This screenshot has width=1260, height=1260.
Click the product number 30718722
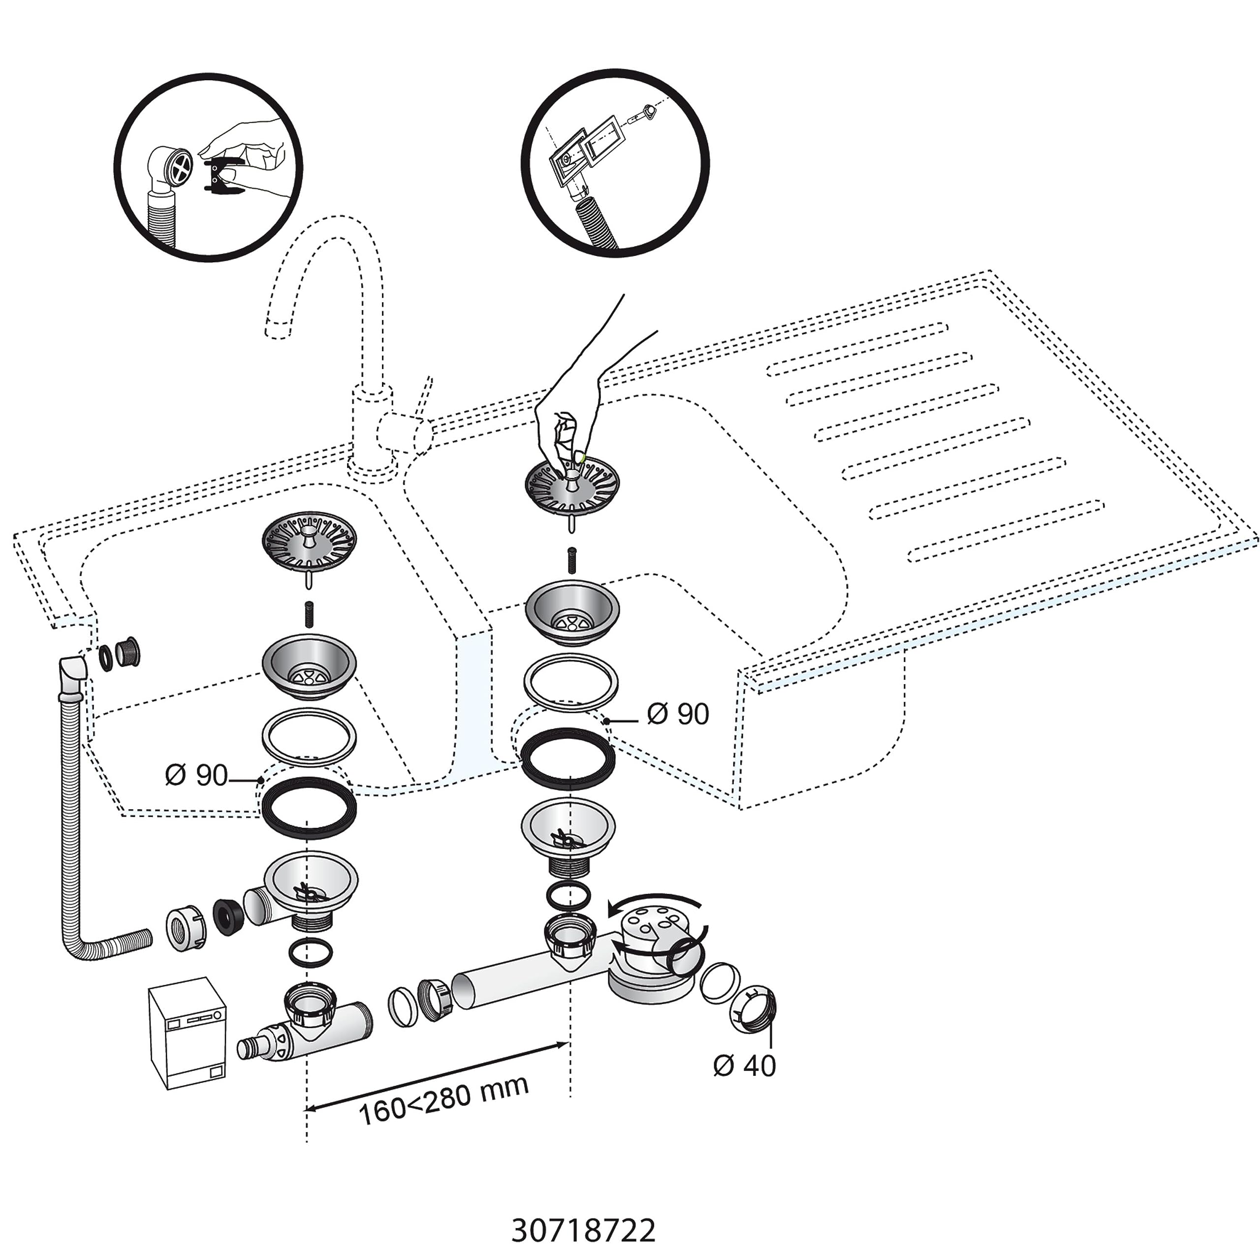click(583, 1212)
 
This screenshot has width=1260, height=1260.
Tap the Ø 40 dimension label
click(744, 1065)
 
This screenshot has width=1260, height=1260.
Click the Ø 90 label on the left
click(196, 775)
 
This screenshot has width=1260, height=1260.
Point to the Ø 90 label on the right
click(678, 714)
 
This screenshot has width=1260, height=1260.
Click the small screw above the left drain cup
click(309, 615)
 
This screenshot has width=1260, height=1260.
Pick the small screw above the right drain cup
click(572, 560)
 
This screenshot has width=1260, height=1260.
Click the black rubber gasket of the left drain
click(309, 807)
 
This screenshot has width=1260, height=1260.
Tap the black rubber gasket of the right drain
click(567, 758)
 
